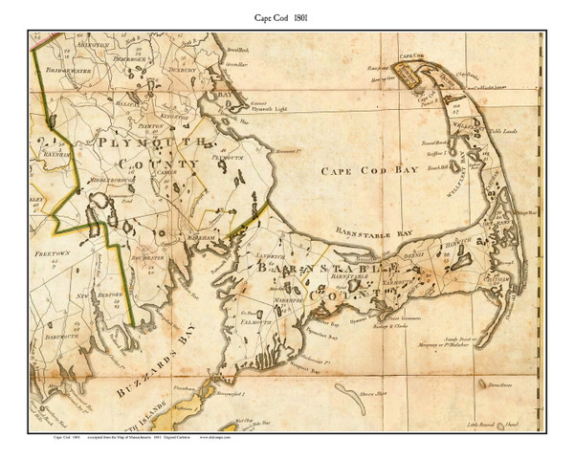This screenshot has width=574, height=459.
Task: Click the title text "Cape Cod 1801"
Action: (287, 16)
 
